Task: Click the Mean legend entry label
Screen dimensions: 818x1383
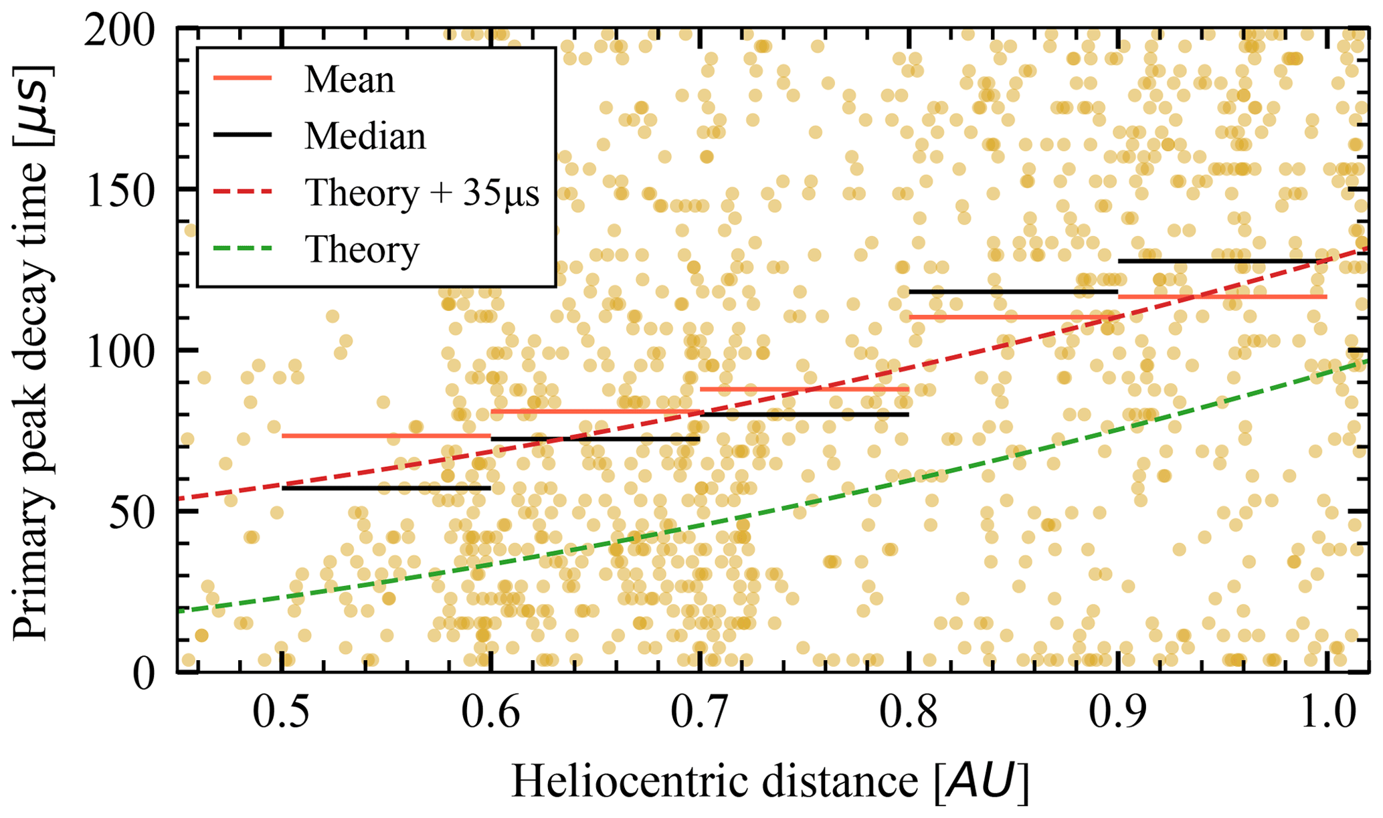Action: [349, 80]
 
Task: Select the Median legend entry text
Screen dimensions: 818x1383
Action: [365, 136]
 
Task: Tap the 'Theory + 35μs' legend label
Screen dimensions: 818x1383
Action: [422, 193]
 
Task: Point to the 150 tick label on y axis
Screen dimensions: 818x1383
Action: [118, 190]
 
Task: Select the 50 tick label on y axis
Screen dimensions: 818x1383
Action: [131, 512]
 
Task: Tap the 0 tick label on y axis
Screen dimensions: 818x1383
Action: [144, 673]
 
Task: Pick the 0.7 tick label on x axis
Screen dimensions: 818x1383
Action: [699, 714]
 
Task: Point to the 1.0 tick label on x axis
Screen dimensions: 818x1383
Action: [1326, 714]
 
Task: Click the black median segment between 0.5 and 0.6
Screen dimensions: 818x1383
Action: [386, 488]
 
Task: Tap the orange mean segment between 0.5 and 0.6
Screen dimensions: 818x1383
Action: [386, 436]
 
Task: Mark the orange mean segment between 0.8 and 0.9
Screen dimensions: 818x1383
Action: [1013, 317]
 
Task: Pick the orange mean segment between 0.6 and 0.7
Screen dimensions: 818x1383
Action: [595, 411]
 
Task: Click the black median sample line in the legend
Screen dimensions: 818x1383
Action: [242, 136]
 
